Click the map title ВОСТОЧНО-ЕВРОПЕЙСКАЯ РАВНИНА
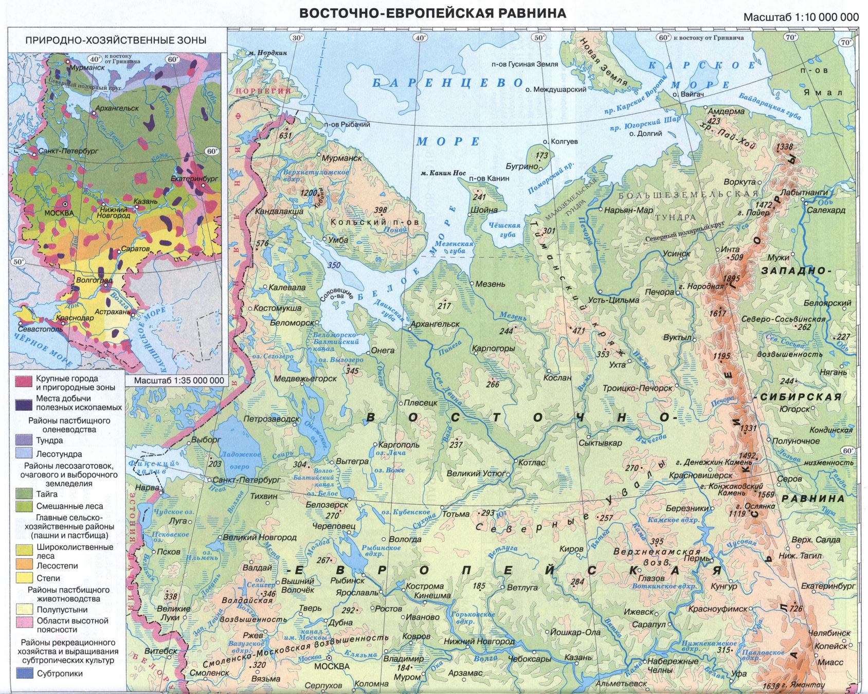(x=433, y=13)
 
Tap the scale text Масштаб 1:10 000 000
(x=801, y=17)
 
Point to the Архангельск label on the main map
(x=435, y=324)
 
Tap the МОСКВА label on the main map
(x=332, y=666)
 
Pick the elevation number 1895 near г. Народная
(x=731, y=278)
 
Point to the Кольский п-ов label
(x=374, y=222)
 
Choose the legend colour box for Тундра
(x=24, y=440)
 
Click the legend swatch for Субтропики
(x=24, y=673)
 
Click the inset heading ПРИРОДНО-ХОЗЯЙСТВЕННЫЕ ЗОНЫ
(x=116, y=40)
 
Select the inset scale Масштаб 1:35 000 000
(x=179, y=380)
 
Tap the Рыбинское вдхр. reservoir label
(x=381, y=551)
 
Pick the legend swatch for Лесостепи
(x=24, y=565)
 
